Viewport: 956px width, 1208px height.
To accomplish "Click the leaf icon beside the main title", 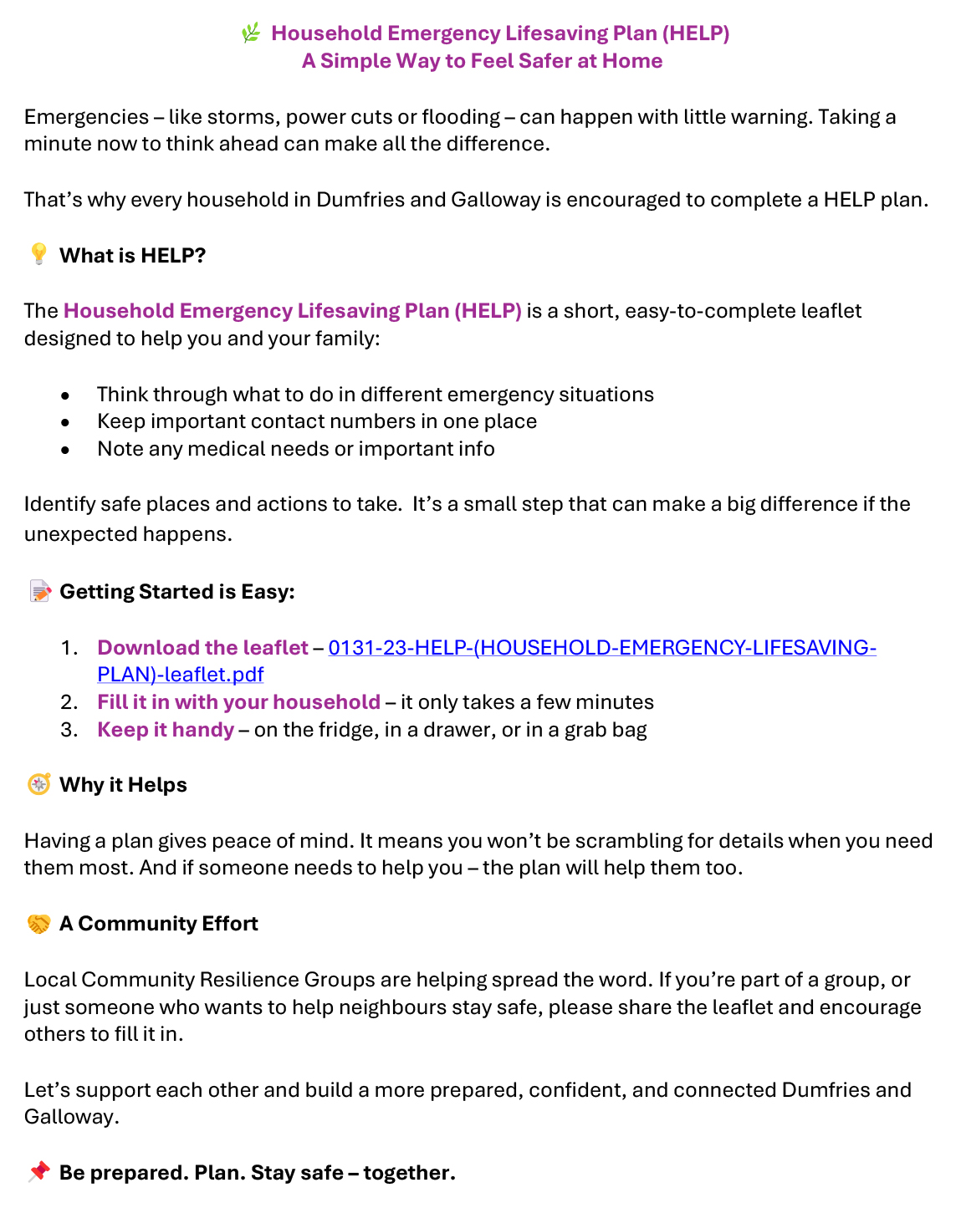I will (x=250, y=33).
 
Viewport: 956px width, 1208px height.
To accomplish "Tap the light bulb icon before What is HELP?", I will (x=38, y=254).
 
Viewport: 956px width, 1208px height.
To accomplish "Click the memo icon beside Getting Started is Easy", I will (x=40, y=592).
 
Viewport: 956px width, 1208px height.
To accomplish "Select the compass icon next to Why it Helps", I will (x=38, y=784).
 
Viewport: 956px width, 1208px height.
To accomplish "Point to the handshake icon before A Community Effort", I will (x=38, y=924).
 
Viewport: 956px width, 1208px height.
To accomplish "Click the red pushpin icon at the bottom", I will (x=38, y=1172).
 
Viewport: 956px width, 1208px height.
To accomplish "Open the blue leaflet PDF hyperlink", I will (x=601, y=648).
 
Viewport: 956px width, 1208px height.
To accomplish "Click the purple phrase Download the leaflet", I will (x=202, y=648).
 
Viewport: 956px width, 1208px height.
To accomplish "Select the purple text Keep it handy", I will (x=166, y=730).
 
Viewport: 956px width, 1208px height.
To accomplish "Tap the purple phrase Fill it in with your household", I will (x=238, y=702).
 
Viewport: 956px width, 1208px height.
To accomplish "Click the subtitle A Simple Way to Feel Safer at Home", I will (x=482, y=61).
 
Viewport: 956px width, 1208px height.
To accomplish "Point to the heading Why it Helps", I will (x=123, y=785).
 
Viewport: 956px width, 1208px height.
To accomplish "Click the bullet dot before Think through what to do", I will (x=65, y=395).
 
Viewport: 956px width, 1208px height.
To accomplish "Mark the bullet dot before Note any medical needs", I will (x=65, y=450).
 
